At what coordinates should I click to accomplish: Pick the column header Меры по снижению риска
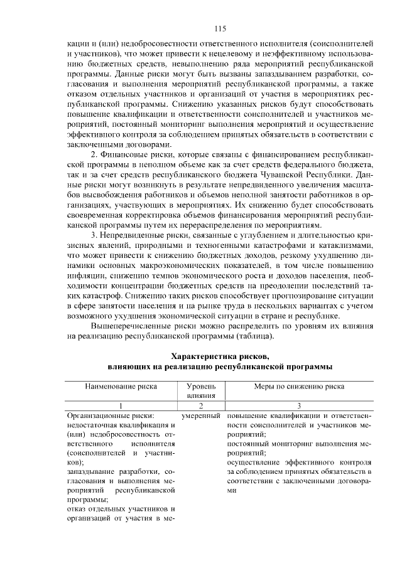pos(299,387)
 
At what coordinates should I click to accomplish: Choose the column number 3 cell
pos(299,405)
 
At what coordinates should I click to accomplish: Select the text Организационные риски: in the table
pos(111,415)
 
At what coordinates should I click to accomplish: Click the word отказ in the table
pos(77,509)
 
